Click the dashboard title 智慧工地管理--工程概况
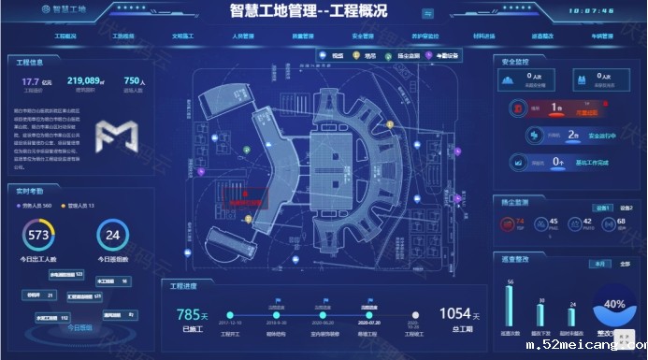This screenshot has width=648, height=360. pyautogui.click(x=309, y=11)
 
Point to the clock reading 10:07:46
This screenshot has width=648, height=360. pyautogui.click(x=592, y=11)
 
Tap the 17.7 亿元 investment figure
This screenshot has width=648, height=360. pyautogui.click(x=35, y=82)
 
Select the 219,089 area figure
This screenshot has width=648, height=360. pyautogui.click(x=86, y=82)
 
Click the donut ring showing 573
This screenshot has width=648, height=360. pyautogui.click(x=39, y=235)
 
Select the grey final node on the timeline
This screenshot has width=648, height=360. pyautogui.click(x=415, y=315)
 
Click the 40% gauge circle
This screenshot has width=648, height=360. pyautogui.click(x=614, y=305)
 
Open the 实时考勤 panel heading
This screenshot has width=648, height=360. pyautogui.click(x=32, y=190)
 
